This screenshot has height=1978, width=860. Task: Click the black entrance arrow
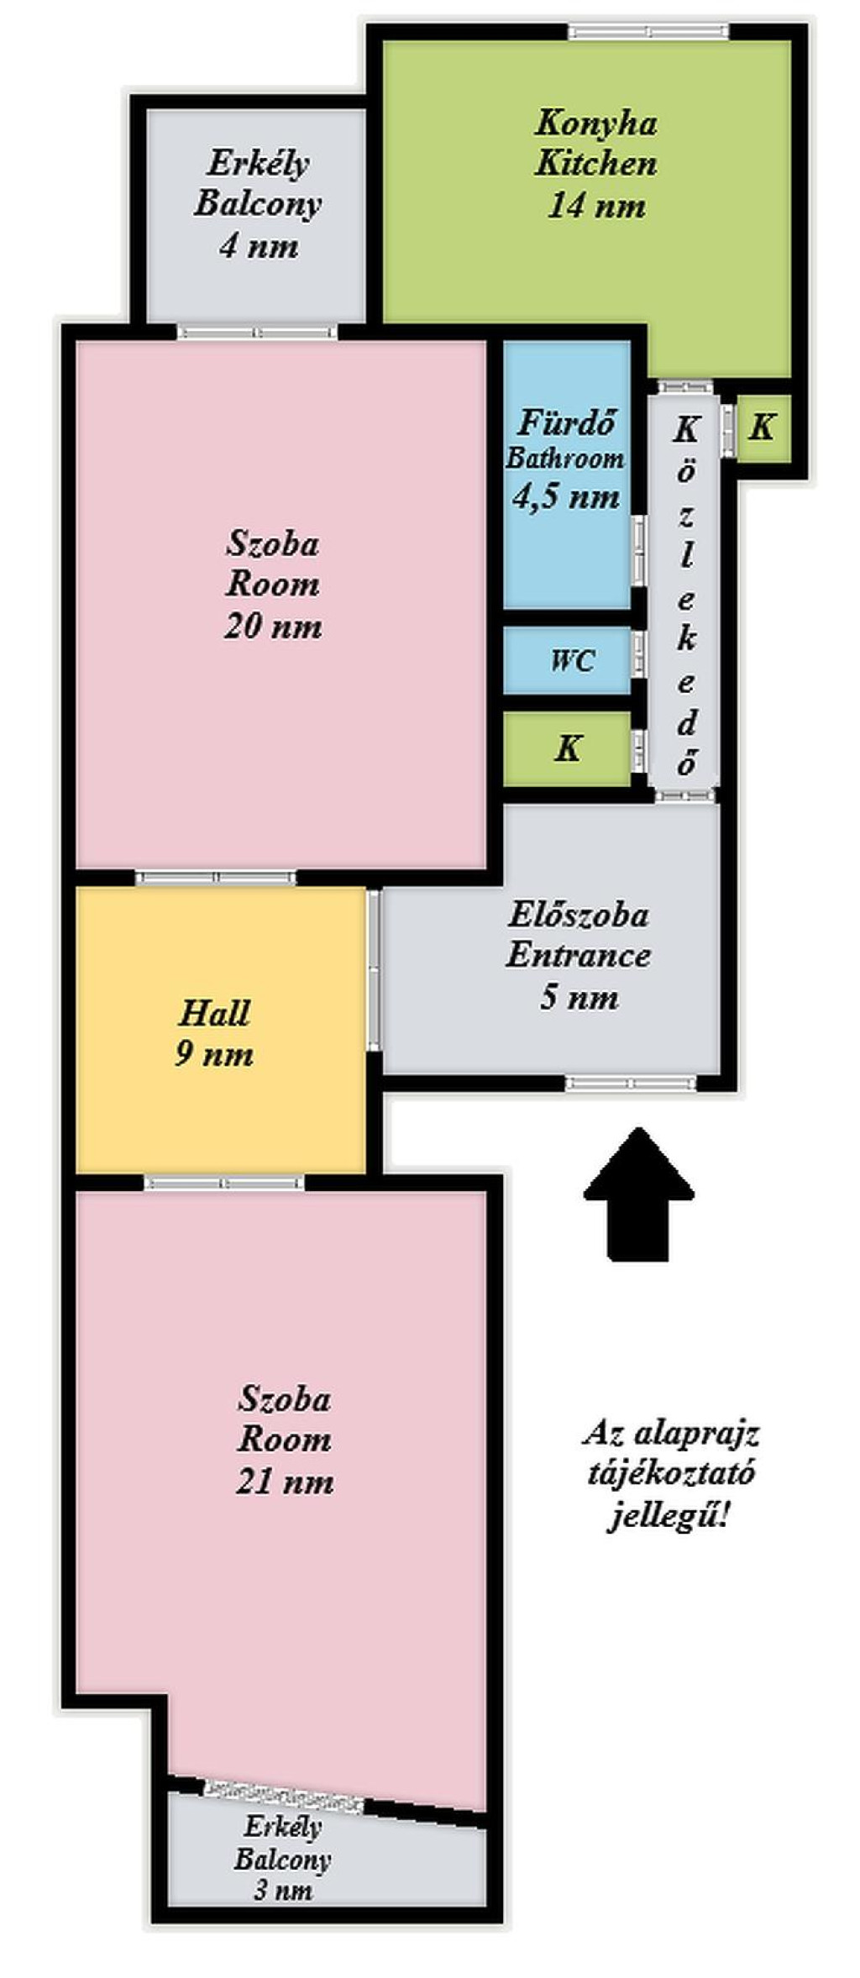(639, 1194)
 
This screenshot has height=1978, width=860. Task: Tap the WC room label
(573, 660)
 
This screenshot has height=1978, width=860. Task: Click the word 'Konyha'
(596, 123)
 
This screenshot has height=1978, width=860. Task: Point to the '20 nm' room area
(273, 626)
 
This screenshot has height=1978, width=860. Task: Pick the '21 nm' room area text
(285, 1481)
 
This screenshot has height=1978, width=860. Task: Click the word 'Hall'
(214, 1013)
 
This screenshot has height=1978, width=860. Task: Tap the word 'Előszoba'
(578, 914)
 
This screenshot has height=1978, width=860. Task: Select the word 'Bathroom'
(565, 459)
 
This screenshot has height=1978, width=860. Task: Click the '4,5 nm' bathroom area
(566, 496)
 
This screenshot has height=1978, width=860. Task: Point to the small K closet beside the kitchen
(762, 428)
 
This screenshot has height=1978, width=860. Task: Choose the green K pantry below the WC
(568, 748)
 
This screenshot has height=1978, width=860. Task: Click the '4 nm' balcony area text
(259, 246)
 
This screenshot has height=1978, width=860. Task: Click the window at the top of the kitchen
(648, 32)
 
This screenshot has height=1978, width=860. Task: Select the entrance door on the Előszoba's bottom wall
(631, 1083)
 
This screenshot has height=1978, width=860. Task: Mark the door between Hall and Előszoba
(374, 970)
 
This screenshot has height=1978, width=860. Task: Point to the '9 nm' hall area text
(214, 1054)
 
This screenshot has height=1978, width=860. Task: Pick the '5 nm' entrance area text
(579, 997)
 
